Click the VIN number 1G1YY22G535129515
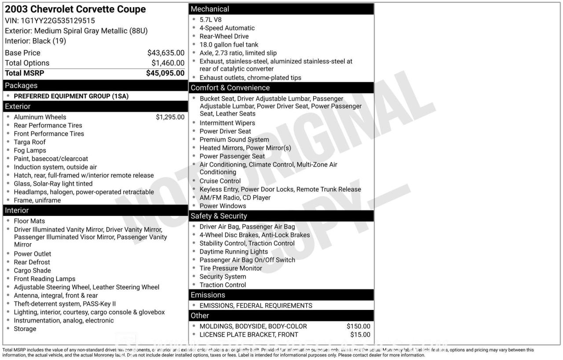pos(58,21)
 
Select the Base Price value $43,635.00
pos(166,53)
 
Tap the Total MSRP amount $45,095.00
pos(165,73)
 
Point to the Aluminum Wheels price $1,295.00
pos(170,117)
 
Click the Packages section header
pos(21,86)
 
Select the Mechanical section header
pos(210,9)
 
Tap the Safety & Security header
pos(219,216)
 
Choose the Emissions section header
pos(208,295)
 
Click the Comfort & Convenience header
pos(230,87)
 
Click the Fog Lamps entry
pos(30,150)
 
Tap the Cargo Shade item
pos(32,270)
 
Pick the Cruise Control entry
pos(220,181)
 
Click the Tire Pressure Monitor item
pos(230,268)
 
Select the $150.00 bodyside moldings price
pos(358,326)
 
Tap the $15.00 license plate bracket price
pos(360,335)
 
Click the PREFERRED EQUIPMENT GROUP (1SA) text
pos(71,96)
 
